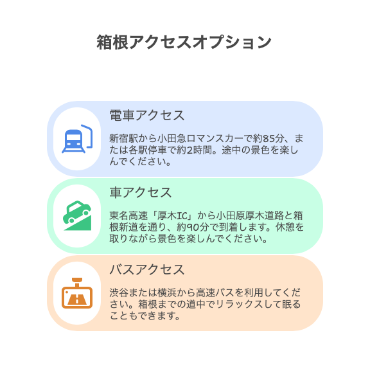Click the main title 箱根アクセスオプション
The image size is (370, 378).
tap(184, 42)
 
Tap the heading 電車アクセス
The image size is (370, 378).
tap(147, 115)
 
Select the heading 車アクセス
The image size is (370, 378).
tap(141, 192)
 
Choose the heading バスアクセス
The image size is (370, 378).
tap(147, 269)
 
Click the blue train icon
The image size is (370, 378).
tap(77, 139)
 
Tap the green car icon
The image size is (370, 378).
tap(77, 215)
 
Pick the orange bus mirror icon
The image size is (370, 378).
tap(77, 293)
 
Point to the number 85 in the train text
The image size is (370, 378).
tap(269, 139)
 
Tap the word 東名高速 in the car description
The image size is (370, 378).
tap(128, 216)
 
